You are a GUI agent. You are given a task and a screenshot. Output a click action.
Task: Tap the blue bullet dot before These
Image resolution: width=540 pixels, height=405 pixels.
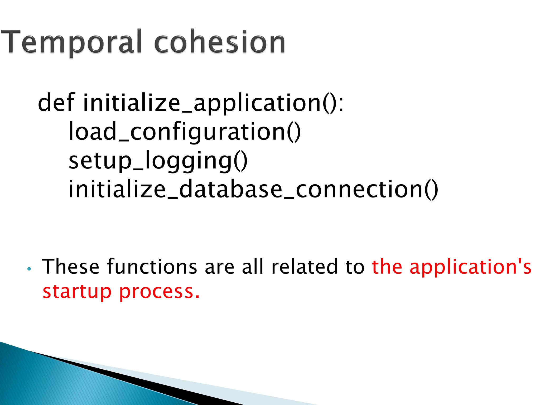29,269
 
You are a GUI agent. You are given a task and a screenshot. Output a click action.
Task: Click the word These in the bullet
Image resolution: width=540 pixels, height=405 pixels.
71,267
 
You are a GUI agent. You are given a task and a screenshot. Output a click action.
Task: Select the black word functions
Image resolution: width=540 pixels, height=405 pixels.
152,267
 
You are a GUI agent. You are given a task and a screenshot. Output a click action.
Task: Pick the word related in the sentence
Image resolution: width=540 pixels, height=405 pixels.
305,267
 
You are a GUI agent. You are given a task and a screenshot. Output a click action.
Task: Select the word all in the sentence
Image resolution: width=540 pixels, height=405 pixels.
253,267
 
